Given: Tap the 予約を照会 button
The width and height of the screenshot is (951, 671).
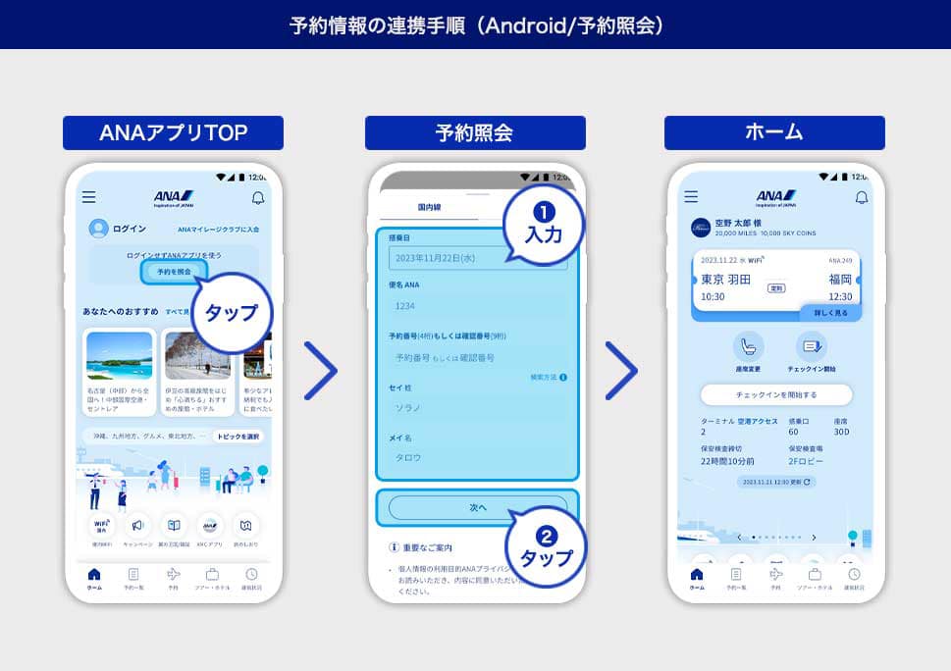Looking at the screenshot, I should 174,272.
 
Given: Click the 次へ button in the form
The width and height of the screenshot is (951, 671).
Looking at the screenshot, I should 478,507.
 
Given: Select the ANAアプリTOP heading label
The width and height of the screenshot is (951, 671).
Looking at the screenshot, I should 173,132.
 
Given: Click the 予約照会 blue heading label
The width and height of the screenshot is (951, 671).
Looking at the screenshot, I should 475,132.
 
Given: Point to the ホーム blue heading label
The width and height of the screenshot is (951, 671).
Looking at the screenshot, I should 774,132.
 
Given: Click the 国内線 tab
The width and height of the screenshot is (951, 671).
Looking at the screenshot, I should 428,207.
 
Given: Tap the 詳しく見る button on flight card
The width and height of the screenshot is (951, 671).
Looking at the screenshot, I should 830,312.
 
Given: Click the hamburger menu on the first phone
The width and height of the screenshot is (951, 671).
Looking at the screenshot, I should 89,197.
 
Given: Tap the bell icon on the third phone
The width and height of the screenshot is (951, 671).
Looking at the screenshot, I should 861,197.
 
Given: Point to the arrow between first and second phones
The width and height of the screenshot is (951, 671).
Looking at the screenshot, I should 321,371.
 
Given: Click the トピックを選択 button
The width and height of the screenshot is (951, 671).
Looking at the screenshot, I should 238,437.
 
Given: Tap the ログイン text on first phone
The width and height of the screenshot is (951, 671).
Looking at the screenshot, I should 130,229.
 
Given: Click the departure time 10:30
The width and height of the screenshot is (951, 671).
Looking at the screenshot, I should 713,296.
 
